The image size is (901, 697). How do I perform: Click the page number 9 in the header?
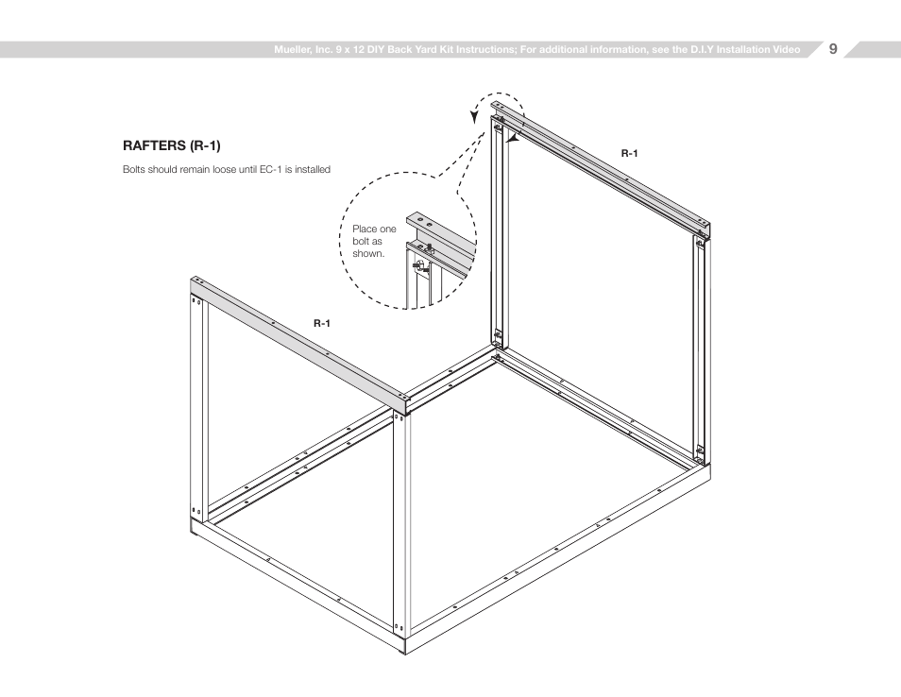tap(833, 49)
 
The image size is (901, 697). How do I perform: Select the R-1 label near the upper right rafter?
tap(629, 153)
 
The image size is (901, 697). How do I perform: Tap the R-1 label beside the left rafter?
tap(322, 323)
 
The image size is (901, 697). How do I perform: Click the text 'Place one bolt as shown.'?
tap(374, 241)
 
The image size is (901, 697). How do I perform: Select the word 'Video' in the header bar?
tap(784, 50)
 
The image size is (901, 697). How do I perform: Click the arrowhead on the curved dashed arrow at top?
tap(475, 116)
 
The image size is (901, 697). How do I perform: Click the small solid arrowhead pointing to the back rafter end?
tap(511, 138)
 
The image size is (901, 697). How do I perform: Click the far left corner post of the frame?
tap(197, 406)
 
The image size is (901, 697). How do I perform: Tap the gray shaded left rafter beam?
tap(302, 340)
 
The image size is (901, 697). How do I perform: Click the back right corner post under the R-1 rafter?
tap(701, 349)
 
